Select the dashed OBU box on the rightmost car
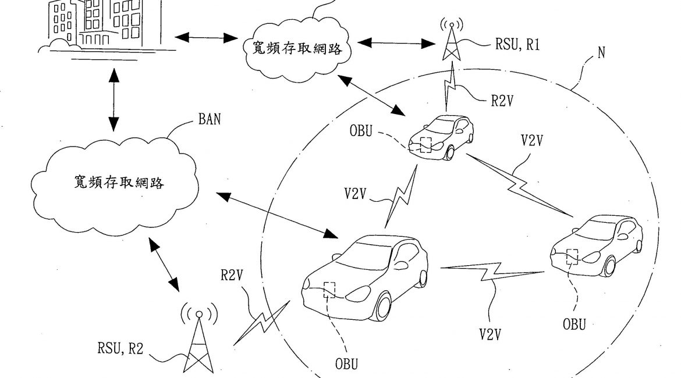[x=572, y=256]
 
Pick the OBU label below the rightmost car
[x=574, y=323]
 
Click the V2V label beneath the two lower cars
[x=491, y=334]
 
